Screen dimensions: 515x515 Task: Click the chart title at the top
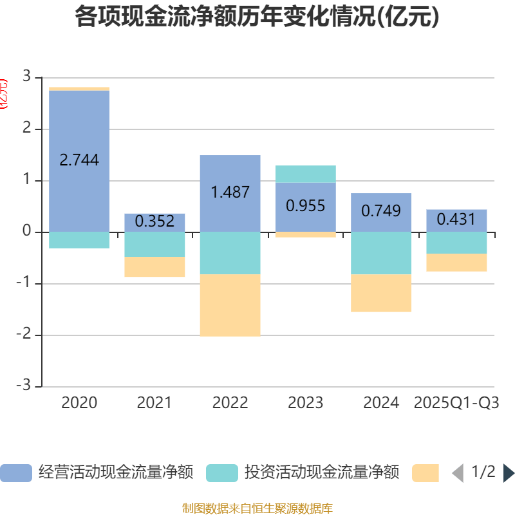click(257, 17)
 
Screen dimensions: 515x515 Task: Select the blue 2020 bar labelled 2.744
click(79, 129)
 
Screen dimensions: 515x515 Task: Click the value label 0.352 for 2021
click(154, 221)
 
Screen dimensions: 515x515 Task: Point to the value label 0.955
click(305, 206)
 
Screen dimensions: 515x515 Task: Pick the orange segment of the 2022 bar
click(230, 305)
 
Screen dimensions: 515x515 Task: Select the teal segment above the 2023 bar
click(305, 174)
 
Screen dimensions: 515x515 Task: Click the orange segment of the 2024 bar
click(381, 293)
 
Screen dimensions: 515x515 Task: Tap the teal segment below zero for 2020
click(79, 240)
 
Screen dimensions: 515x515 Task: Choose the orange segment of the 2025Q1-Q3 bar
click(456, 263)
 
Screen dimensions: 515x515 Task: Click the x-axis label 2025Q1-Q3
click(456, 403)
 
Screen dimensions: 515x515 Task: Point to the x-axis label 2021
click(154, 403)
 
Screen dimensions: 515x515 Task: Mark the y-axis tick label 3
click(26, 77)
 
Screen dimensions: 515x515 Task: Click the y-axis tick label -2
click(24, 335)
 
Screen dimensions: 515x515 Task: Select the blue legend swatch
click(16, 473)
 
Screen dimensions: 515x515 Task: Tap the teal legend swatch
click(222, 473)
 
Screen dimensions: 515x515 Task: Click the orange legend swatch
click(425, 473)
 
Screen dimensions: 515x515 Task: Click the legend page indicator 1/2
click(483, 472)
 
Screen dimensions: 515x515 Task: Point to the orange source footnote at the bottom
click(257, 509)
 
